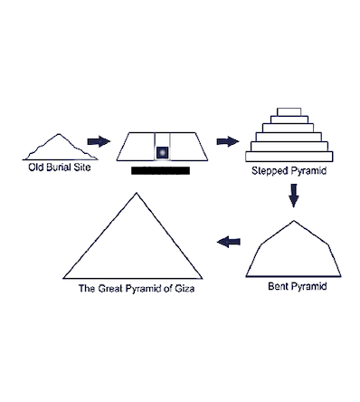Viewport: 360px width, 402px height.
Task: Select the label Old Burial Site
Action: click(60, 167)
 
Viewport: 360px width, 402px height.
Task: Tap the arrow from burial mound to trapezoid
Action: click(99, 141)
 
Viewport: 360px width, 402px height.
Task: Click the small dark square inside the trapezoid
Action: click(162, 152)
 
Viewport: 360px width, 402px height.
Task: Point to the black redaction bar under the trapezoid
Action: click(160, 170)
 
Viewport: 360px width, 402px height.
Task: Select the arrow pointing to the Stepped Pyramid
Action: click(228, 141)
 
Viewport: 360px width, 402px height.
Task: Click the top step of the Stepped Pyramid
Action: click(289, 112)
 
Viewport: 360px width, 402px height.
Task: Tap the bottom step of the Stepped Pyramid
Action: click(289, 157)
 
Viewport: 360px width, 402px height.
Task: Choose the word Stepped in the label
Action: click(270, 171)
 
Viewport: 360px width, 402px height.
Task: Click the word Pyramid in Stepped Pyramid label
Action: click(308, 171)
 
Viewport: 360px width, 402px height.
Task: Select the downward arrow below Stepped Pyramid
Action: click(294, 196)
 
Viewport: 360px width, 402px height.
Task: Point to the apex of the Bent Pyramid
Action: click(294, 221)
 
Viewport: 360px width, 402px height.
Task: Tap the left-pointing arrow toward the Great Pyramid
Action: click(229, 242)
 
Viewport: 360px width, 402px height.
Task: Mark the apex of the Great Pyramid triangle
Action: click(137, 193)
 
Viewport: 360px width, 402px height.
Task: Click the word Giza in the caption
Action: click(185, 289)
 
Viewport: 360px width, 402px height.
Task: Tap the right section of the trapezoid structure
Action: click(187, 147)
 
